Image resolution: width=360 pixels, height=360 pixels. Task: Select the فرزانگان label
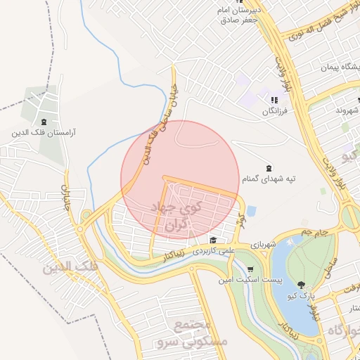point(276,111)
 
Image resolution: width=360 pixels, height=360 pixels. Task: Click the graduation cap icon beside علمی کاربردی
point(213,240)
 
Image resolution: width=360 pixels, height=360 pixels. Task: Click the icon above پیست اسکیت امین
point(251,269)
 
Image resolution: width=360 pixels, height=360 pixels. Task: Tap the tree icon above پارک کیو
point(302,285)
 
